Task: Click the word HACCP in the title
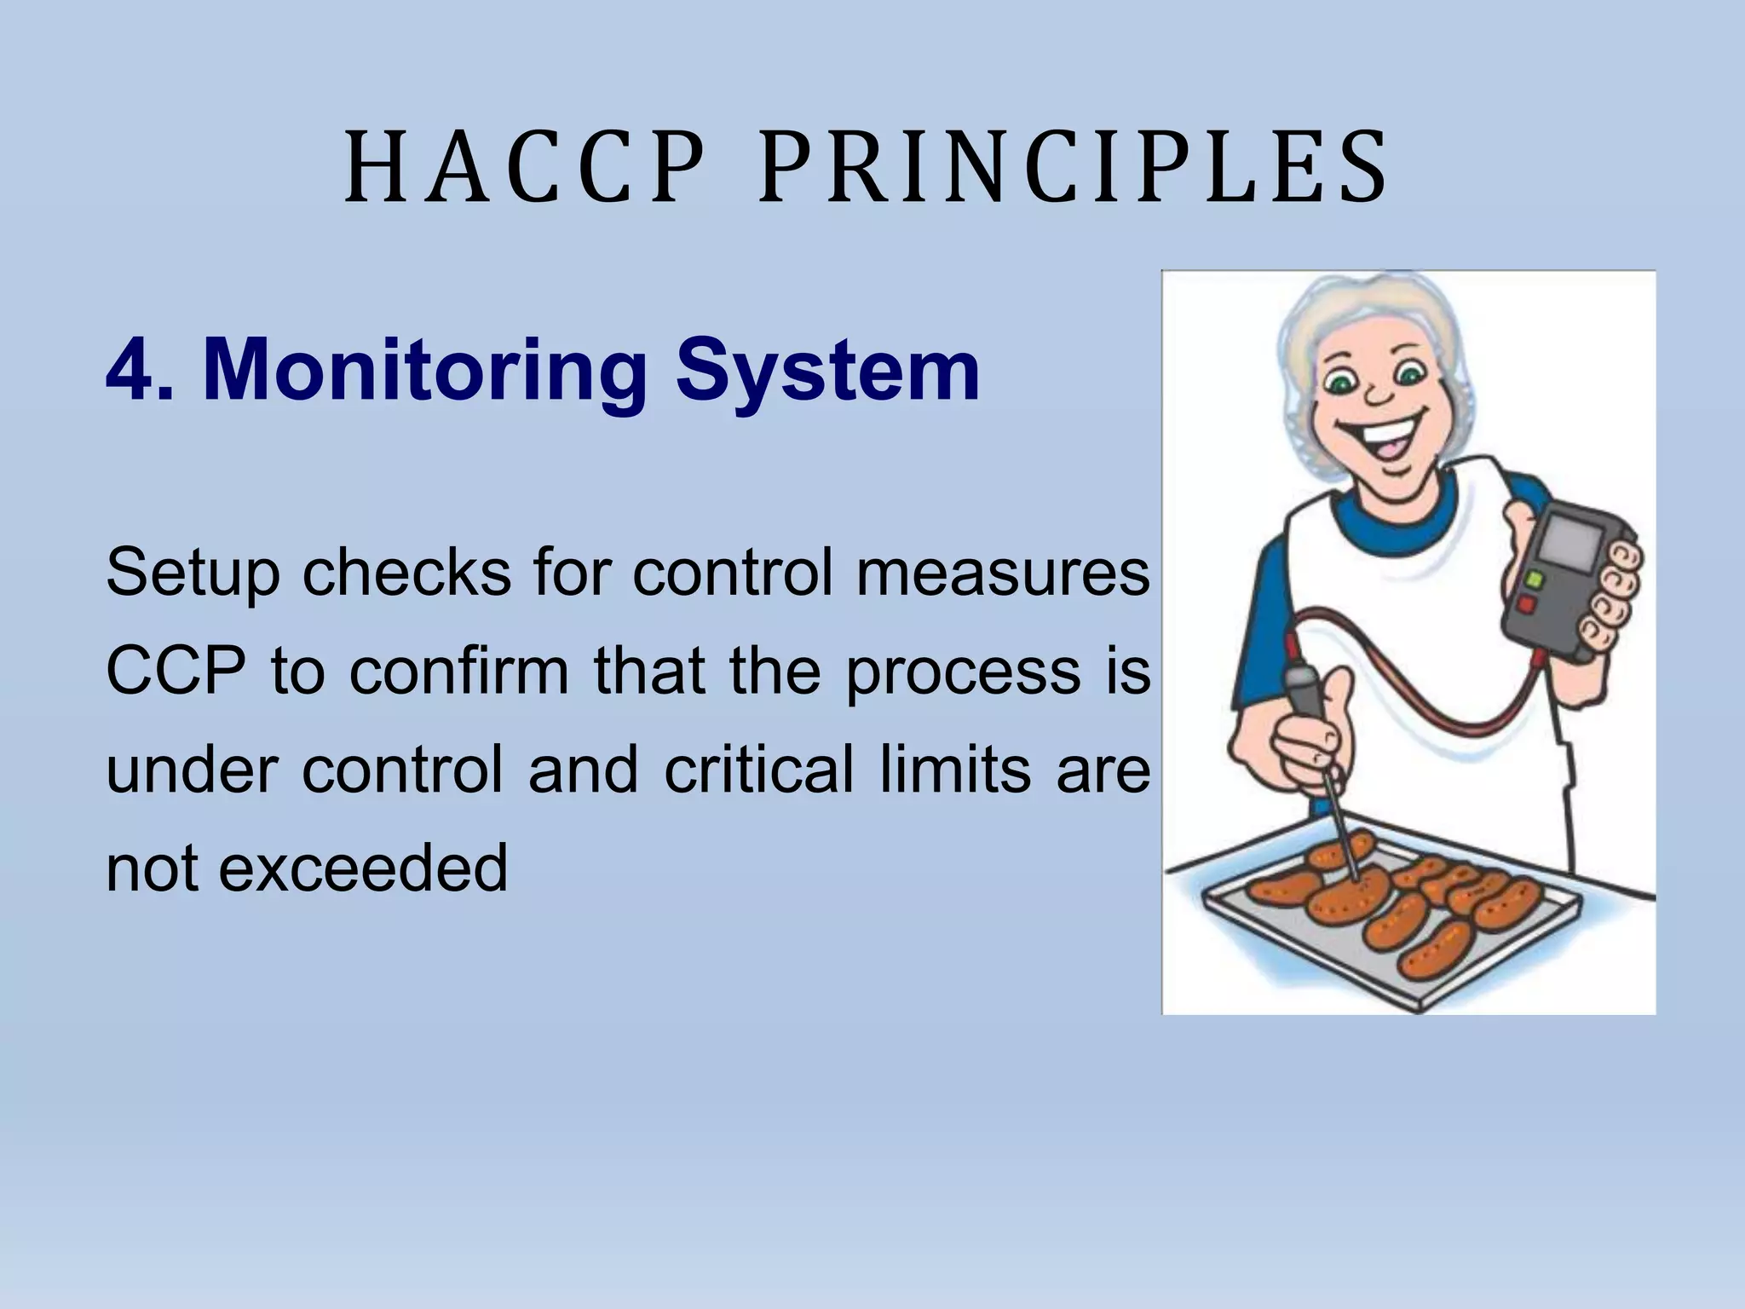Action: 526,168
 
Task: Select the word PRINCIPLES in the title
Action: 1073,168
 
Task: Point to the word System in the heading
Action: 827,372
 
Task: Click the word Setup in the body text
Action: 193,574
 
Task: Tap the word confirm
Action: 459,672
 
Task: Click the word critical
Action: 758,770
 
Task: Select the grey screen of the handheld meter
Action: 1566,540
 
